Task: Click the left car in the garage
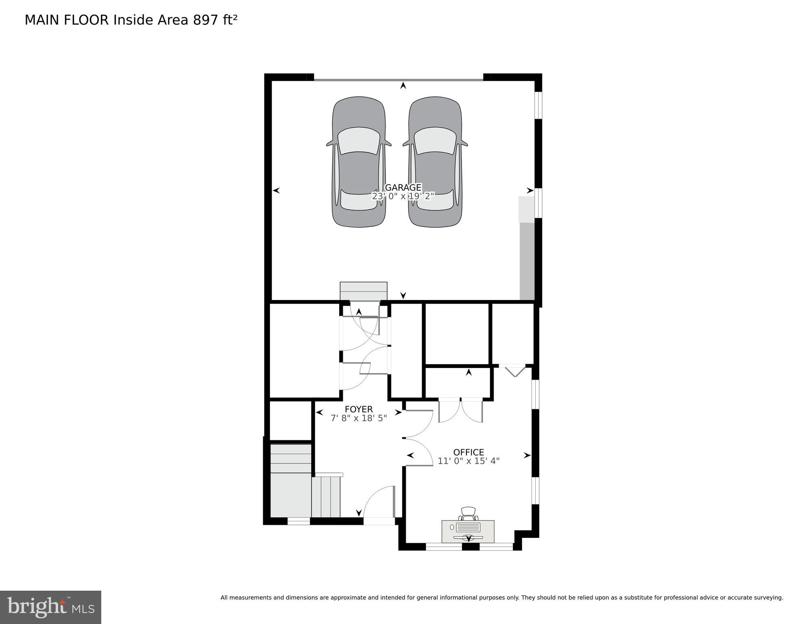(359, 162)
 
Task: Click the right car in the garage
(435, 162)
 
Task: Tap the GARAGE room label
(403, 187)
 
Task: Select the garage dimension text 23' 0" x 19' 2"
(403, 196)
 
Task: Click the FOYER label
(359, 409)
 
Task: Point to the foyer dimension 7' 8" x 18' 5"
(359, 418)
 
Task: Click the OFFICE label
(468, 452)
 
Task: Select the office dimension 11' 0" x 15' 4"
(468, 461)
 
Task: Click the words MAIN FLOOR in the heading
(67, 20)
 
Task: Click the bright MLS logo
(50, 607)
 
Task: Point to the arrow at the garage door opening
(403, 85)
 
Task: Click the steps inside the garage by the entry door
(364, 291)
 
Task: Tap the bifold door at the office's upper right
(515, 371)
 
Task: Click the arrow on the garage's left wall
(277, 190)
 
